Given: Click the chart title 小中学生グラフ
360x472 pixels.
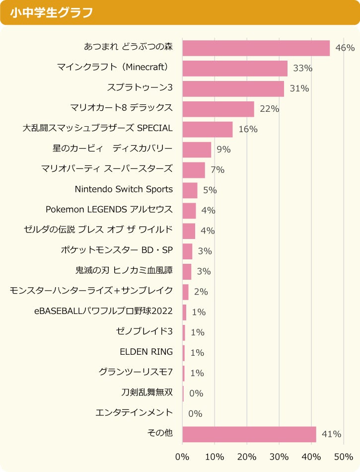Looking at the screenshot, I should [51, 12].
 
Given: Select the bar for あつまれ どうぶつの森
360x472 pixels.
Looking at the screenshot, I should [256, 48].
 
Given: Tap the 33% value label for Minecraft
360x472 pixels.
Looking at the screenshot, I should [302, 69].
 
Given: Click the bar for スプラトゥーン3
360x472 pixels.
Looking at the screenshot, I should [233, 89].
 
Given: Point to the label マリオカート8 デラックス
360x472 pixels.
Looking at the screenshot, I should [122, 107].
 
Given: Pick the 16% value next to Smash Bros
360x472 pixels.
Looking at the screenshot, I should [248, 129].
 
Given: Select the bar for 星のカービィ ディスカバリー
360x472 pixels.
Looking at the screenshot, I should [197, 150].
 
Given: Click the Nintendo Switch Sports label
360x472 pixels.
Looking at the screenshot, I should [124, 189].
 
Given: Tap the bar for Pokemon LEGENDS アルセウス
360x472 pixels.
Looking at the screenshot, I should [189, 211].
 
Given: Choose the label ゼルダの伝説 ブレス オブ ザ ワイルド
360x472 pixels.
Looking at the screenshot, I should [98, 230].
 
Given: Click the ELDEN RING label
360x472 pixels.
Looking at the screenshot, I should [146, 352].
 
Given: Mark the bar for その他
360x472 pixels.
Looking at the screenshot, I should [249, 434].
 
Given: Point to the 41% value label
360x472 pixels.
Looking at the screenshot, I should [331, 434].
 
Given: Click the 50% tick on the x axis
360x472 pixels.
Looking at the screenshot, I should [344, 456].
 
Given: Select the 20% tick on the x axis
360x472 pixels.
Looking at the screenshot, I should [247, 456].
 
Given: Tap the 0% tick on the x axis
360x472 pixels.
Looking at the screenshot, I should [182, 456].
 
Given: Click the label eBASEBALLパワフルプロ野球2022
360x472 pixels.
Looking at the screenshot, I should [104, 311].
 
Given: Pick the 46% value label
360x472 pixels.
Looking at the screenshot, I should [345, 48].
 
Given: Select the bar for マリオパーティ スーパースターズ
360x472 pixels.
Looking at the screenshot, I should [194, 170].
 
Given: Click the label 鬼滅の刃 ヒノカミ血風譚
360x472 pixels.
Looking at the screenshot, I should [124, 270].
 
